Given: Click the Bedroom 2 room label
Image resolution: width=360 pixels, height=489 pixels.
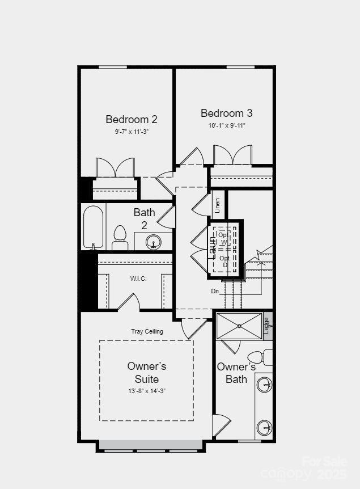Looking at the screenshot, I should point(132,119).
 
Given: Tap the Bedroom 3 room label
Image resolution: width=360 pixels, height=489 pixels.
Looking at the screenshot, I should point(226,113).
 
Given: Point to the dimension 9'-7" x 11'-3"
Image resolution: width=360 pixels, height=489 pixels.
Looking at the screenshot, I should point(132,132).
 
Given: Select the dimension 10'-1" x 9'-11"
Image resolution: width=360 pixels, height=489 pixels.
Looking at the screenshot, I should point(226,125).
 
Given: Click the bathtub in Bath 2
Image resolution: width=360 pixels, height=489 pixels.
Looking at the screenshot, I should point(94,227).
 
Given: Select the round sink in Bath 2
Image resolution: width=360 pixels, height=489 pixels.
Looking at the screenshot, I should point(154,243).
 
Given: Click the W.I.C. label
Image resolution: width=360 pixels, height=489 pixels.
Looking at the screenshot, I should point(138,279).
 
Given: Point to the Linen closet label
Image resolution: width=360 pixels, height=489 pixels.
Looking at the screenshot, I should point(218,206).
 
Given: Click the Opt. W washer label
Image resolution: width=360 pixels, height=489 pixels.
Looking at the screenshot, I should point(224,238).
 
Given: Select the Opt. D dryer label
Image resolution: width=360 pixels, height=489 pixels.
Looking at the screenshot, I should point(225,262).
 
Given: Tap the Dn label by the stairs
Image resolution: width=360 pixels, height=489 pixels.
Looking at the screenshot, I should point(215,291).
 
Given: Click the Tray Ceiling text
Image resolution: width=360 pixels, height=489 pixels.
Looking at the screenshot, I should point(147,331).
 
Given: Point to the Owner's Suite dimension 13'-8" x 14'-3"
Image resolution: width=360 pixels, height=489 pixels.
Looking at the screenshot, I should point(146,391).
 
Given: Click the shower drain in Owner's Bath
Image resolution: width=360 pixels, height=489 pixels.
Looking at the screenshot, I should point(239,326).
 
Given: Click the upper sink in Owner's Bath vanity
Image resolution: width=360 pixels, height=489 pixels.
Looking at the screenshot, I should point(264,385).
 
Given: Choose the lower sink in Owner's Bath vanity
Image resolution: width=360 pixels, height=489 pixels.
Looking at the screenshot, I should point(264,427).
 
